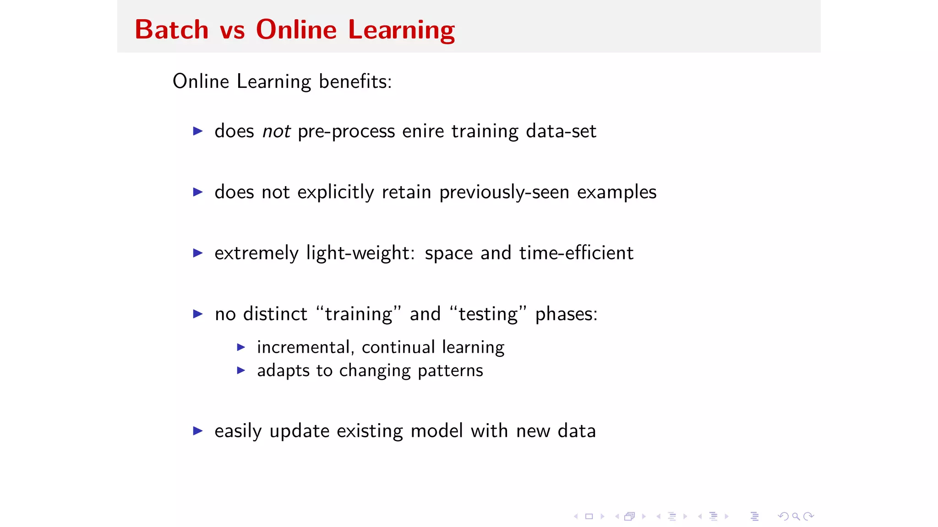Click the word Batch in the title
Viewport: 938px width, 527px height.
(x=172, y=30)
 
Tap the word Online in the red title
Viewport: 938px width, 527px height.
(x=296, y=30)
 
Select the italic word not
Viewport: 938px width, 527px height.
(x=276, y=131)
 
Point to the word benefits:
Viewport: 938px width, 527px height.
(x=355, y=81)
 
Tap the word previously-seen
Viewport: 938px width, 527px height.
(x=504, y=193)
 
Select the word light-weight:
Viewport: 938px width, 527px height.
(x=360, y=253)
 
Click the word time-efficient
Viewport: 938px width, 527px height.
(x=576, y=253)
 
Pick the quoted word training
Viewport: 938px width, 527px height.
(x=359, y=314)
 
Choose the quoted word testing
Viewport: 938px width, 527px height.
(x=488, y=314)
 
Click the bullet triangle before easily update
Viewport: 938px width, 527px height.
(x=198, y=430)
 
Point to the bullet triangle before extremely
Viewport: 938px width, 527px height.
(x=198, y=253)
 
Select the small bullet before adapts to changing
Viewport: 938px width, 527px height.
(x=241, y=370)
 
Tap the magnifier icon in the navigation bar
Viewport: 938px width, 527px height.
(x=796, y=516)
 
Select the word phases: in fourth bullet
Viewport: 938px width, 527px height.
(x=566, y=314)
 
